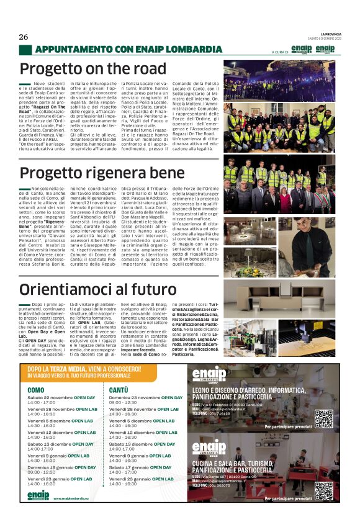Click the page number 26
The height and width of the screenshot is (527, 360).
click(x=24, y=37)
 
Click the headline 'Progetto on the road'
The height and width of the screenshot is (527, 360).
click(x=93, y=69)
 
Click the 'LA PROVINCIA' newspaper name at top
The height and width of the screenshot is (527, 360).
click(x=335, y=33)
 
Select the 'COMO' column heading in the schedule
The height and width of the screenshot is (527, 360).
click(x=36, y=390)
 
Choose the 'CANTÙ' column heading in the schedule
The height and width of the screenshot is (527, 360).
click(x=119, y=390)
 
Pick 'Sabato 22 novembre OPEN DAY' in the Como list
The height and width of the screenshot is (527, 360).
click(x=61, y=397)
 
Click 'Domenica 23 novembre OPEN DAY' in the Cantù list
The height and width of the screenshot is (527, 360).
click(x=145, y=397)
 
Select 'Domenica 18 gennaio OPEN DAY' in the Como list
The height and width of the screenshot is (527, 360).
click(x=61, y=467)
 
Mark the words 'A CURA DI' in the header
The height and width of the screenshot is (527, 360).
click(x=281, y=52)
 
